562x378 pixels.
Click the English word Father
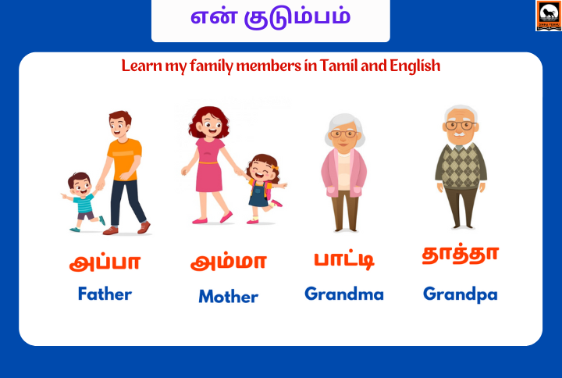pos(105,294)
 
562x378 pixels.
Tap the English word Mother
pos(228,297)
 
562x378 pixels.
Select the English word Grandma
pos(344,294)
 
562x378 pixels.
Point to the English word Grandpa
pos(460,294)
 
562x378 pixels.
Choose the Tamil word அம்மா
pos(228,262)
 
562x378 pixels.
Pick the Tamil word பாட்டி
pos(343,259)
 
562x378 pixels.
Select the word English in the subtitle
pos(411,66)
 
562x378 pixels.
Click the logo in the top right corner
pos(548,16)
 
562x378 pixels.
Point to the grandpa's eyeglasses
pos(461,125)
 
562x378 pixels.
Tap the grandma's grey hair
pos(344,123)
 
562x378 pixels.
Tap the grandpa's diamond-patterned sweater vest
pos(461,166)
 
